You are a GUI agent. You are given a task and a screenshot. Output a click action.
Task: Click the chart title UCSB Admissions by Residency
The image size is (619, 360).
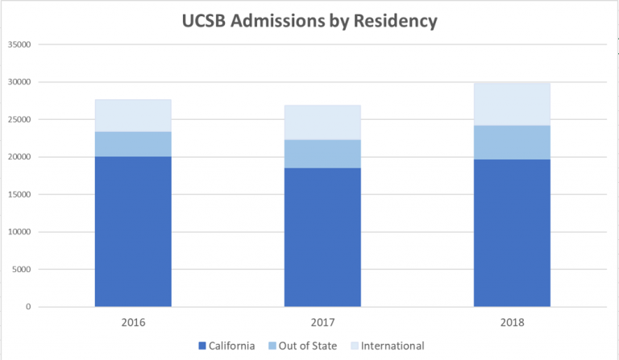pyautogui.click(x=309, y=21)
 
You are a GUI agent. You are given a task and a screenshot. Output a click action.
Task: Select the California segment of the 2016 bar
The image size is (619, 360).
pyautogui.click(x=133, y=232)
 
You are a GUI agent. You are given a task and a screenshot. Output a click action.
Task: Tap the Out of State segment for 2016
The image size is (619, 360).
pyautogui.click(x=133, y=144)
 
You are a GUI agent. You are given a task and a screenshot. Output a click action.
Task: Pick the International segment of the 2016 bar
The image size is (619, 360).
pyautogui.click(x=133, y=116)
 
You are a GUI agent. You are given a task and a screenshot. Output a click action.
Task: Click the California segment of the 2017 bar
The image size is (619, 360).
pyautogui.click(x=322, y=238)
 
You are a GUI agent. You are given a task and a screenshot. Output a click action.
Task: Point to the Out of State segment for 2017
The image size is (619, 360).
pyautogui.click(x=322, y=154)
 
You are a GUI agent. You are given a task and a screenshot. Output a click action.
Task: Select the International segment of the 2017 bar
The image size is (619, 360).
pyautogui.click(x=322, y=122)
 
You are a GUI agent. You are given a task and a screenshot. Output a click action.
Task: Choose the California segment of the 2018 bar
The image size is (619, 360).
pyautogui.click(x=512, y=233)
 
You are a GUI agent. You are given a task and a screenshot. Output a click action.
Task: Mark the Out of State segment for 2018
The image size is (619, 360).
pyautogui.click(x=512, y=143)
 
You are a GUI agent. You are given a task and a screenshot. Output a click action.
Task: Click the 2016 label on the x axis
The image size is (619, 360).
pyautogui.click(x=133, y=322)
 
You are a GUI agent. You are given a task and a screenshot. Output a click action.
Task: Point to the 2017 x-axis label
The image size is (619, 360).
pyautogui.click(x=322, y=322)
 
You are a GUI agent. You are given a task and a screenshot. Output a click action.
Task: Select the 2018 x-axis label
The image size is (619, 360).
pyautogui.click(x=512, y=322)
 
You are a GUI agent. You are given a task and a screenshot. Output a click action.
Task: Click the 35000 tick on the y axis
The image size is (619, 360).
pyautogui.click(x=19, y=44)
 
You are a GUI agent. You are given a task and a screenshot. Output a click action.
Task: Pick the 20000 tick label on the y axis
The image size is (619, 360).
pyautogui.click(x=19, y=157)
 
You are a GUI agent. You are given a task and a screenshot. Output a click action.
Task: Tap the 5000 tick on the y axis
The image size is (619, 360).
pyautogui.click(x=21, y=270)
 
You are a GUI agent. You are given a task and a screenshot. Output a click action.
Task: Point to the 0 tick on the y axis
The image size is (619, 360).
pyautogui.click(x=28, y=307)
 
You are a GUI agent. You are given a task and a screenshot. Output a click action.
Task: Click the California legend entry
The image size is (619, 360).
pyautogui.click(x=226, y=346)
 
